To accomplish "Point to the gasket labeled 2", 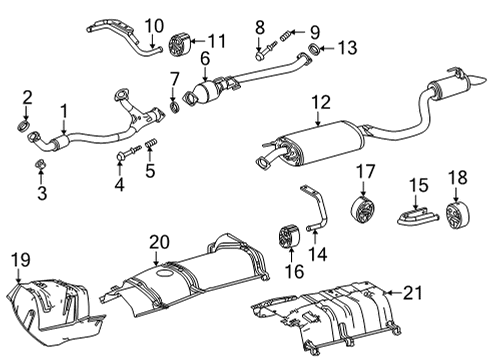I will [x=28, y=127].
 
